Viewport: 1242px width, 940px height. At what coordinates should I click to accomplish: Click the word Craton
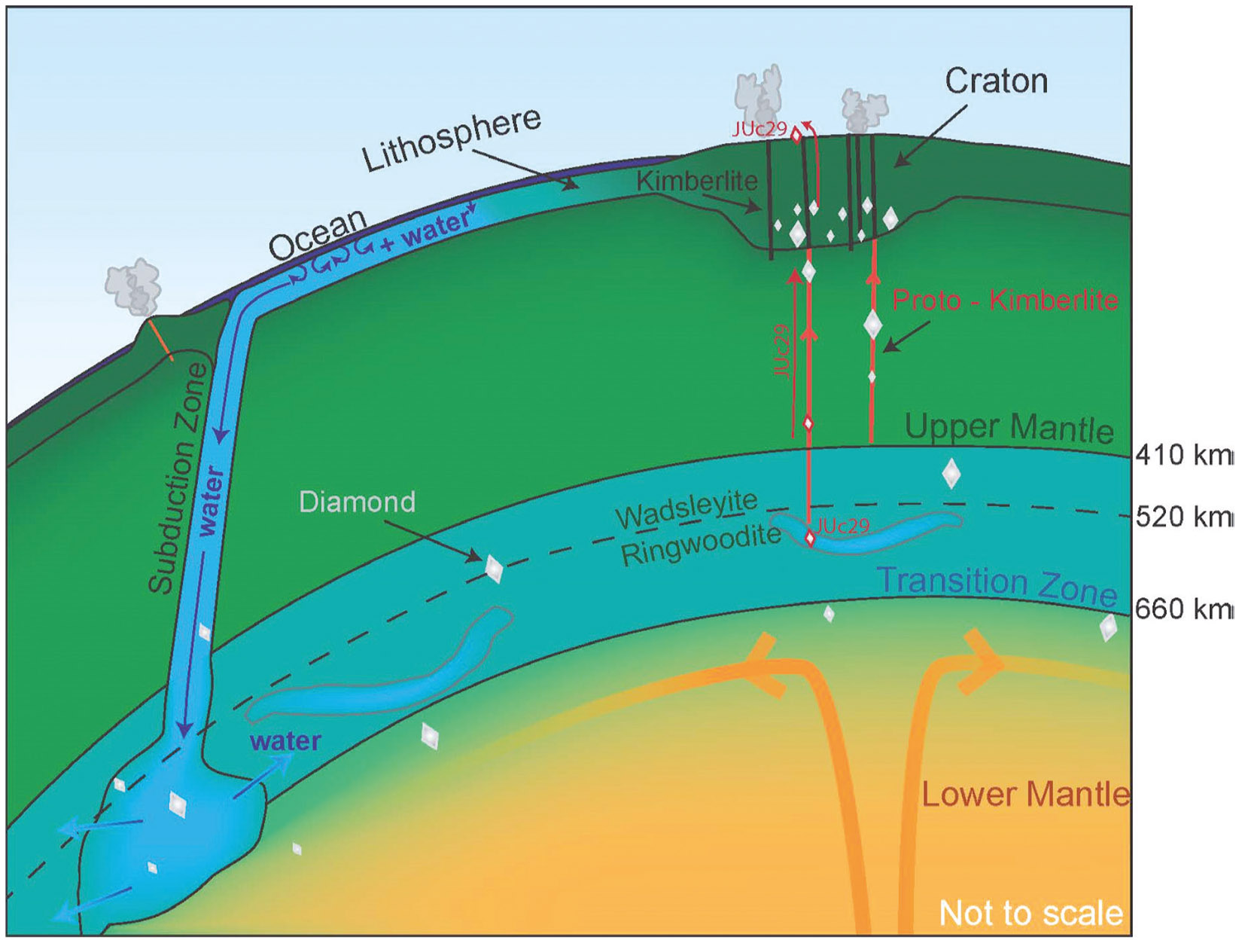(x=997, y=82)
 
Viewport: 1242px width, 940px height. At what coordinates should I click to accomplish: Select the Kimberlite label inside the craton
(x=697, y=181)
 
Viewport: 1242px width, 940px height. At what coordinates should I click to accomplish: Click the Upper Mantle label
(x=1009, y=428)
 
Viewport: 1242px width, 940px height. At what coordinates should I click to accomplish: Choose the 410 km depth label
(x=1183, y=456)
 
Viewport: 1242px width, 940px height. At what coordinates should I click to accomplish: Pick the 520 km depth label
(x=1183, y=517)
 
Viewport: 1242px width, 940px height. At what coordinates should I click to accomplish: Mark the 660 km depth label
(x=1183, y=609)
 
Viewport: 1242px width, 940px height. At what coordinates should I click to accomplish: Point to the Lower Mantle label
(x=1026, y=795)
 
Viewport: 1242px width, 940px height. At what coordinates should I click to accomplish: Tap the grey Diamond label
(x=357, y=502)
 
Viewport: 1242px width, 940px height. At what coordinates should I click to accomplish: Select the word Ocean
(x=318, y=234)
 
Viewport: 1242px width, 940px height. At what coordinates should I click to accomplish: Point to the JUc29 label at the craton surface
(x=760, y=130)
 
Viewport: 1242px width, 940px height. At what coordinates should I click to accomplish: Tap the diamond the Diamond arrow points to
(x=493, y=568)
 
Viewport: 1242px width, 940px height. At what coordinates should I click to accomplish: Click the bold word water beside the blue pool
(x=286, y=741)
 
